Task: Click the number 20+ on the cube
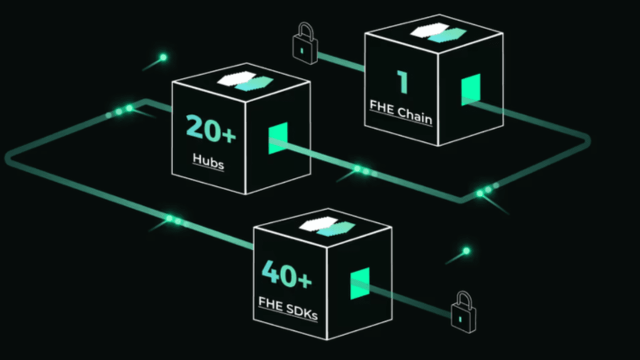[211, 128]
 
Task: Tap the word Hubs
[208, 161]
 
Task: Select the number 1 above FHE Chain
[402, 82]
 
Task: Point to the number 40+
[286, 274]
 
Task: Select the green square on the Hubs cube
[278, 138]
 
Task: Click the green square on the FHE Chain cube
[470, 89]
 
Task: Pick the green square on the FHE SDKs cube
[360, 283]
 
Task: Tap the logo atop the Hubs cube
[245, 81]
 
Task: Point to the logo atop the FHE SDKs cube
[327, 226]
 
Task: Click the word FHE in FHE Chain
[382, 106]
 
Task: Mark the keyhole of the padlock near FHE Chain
[302, 51]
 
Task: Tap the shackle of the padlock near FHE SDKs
[464, 299]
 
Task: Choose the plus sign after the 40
[305, 280]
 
